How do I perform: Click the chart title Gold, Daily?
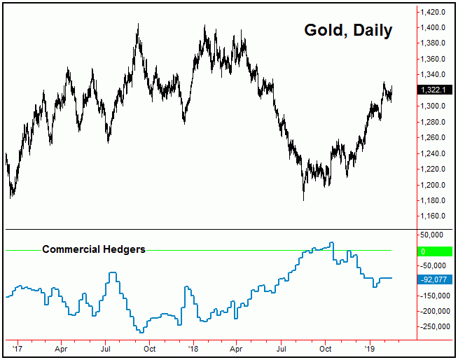point(348,30)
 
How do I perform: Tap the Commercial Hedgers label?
point(94,249)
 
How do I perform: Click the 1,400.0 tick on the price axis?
point(435,27)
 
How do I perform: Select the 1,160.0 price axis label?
point(435,216)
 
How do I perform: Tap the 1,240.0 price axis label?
point(435,153)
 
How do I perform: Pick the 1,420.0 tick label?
point(435,12)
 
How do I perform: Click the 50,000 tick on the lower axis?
point(436,235)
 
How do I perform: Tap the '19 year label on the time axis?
point(370,347)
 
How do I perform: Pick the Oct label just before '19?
point(326,347)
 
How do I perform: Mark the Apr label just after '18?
point(237,347)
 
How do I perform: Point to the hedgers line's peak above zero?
point(332,243)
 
